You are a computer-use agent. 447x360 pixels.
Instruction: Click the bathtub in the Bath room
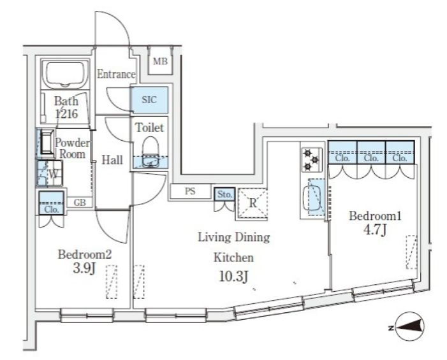pyautogui.click(x=65, y=74)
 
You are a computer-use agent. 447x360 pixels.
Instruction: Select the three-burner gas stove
pyautogui.click(x=312, y=160)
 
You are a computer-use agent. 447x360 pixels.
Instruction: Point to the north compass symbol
pyautogui.click(x=407, y=328)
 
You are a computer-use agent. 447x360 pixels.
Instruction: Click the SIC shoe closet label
pyautogui.click(x=149, y=99)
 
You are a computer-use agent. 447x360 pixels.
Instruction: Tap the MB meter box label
pyautogui.click(x=160, y=61)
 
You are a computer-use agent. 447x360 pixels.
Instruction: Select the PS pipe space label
pyautogui.click(x=190, y=191)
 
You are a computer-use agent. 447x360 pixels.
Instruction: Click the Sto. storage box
pyautogui.click(x=224, y=194)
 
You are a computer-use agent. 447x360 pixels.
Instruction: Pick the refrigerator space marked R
pyautogui.click(x=253, y=203)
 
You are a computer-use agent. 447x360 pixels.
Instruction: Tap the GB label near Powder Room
pyautogui.click(x=80, y=203)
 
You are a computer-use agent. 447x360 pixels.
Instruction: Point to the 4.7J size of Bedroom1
pyautogui.click(x=375, y=230)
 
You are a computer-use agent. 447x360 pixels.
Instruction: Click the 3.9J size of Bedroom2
pyautogui.click(x=84, y=268)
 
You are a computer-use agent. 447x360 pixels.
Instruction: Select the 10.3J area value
pyautogui.click(x=233, y=276)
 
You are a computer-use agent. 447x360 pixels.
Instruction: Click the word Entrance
pyautogui.click(x=116, y=74)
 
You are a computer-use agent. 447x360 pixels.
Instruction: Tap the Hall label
pyautogui.click(x=112, y=160)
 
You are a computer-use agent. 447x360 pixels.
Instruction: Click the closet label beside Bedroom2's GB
pyautogui.click(x=52, y=210)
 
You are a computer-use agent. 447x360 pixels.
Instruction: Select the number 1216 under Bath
pyautogui.click(x=66, y=114)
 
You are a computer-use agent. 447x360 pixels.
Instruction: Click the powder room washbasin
pyautogui.click(x=47, y=143)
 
